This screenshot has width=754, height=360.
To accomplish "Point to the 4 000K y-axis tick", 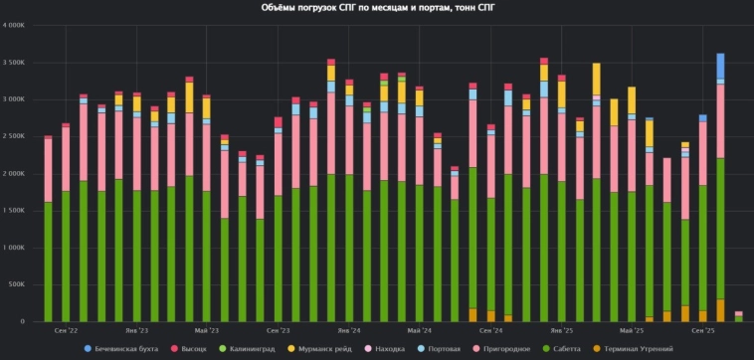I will coord(20,26).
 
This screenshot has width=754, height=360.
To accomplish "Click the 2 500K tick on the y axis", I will coord(20,136).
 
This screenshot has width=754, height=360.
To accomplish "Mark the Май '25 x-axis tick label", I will coord(631,329).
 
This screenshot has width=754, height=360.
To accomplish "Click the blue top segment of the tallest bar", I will coord(720,66).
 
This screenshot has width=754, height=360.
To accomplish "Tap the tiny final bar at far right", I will coord(738,316).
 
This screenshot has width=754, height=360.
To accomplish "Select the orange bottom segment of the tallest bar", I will coord(720,310).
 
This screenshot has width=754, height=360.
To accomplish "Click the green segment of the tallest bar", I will coord(720,229).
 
